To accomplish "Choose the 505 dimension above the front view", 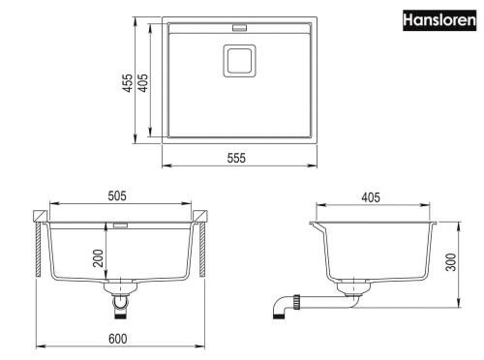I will click(x=118, y=197).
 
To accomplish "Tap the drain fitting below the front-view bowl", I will click(x=120, y=302).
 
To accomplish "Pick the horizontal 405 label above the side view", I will click(x=369, y=197).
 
